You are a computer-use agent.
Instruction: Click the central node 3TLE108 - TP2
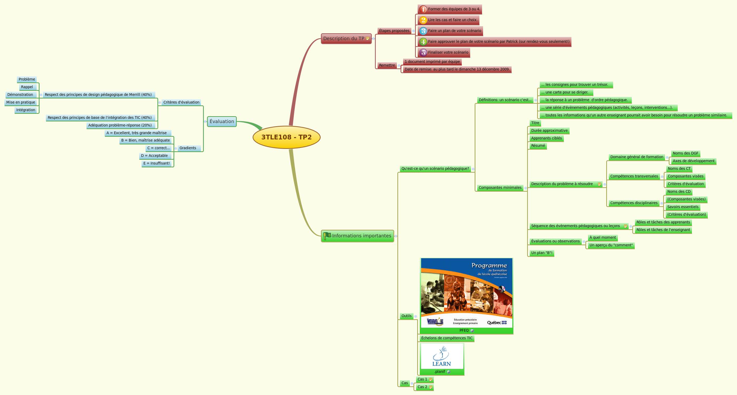click(x=286, y=137)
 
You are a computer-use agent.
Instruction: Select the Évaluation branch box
click(x=222, y=121)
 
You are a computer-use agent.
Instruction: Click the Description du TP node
click(x=344, y=38)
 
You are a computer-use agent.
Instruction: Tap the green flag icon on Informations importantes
click(x=327, y=236)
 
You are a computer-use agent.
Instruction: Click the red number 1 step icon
click(x=423, y=9)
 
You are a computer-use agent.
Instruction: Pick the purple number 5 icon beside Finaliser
click(x=423, y=53)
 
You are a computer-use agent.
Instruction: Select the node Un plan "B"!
click(x=541, y=253)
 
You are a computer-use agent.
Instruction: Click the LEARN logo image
click(x=441, y=357)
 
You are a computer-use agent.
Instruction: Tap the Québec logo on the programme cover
click(x=497, y=323)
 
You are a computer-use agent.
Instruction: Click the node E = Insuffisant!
click(x=157, y=163)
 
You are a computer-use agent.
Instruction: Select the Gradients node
click(x=188, y=148)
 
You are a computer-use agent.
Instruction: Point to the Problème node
click(x=27, y=79)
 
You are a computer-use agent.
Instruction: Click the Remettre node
click(x=387, y=65)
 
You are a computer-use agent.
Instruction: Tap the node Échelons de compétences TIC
click(x=447, y=338)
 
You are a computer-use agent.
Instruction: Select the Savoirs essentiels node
click(x=683, y=207)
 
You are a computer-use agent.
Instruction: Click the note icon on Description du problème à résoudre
click(x=599, y=184)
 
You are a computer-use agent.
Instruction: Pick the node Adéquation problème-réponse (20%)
click(x=120, y=125)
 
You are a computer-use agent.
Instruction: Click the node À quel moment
click(x=603, y=237)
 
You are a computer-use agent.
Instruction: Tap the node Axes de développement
click(x=693, y=161)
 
